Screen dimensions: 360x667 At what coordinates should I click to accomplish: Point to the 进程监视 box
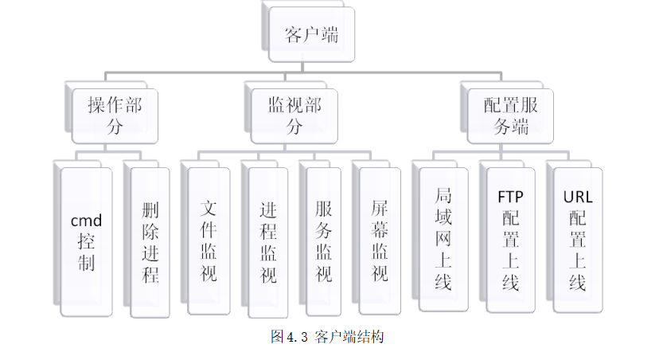(x=268, y=241)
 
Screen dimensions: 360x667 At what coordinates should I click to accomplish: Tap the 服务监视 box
(x=324, y=241)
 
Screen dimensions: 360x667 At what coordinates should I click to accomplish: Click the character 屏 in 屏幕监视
(x=380, y=208)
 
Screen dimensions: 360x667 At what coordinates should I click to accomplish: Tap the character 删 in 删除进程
(x=150, y=211)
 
